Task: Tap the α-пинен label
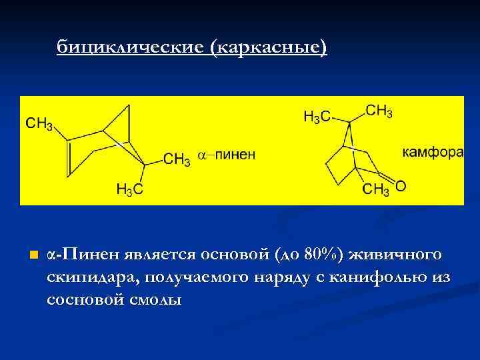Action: tap(226, 156)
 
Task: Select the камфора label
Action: tap(433, 153)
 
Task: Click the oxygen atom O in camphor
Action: tap(401, 186)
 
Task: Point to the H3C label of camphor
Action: tap(317, 117)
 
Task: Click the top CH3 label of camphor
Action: tap(379, 111)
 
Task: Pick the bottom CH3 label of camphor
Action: tap(376, 191)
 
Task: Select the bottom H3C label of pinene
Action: tap(130, 190)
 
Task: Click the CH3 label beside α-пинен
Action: tap(177, 159)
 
